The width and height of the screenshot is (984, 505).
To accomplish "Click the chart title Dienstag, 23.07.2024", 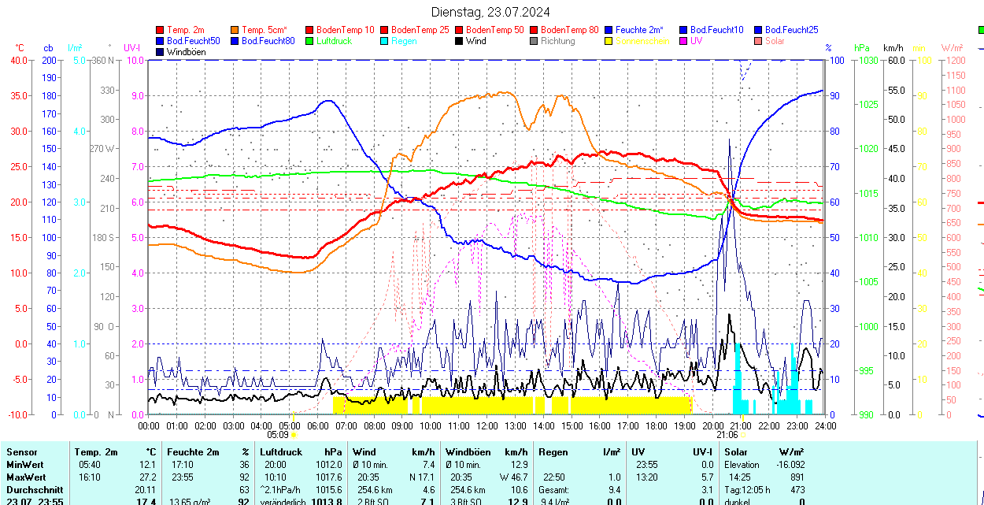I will coord(490,12).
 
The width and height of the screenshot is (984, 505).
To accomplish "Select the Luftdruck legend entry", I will coord(334,41).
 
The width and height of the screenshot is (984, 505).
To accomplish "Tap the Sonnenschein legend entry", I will coord(642,41).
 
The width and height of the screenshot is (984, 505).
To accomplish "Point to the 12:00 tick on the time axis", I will coord(487,425).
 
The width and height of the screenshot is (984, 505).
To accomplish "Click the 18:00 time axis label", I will coord(656,425).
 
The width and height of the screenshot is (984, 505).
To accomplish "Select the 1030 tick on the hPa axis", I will coord(867,60).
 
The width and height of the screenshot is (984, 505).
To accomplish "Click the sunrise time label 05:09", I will coord(278,434).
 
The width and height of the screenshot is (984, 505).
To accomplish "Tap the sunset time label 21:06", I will coord(727,434).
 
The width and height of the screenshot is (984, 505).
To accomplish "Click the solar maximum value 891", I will coord(797,477).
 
